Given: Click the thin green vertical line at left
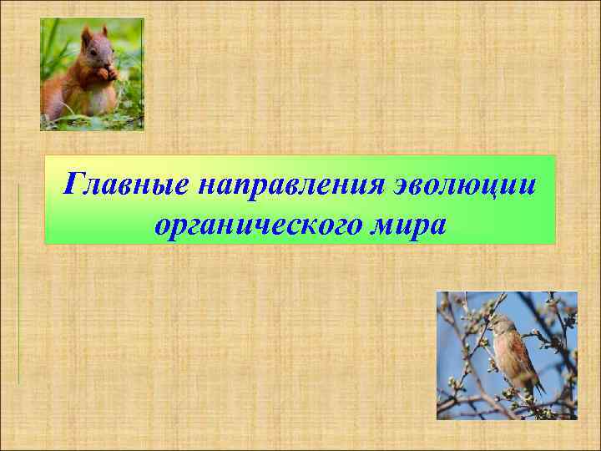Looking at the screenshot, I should pyautogui.click(x=18, y=284).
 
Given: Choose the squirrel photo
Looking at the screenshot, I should pyautogui.click(x=92, y=73).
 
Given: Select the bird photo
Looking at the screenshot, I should pyautogui.click(x=507, y=355).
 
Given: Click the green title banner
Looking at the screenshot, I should pyautogui.click(x=300, y=200).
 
